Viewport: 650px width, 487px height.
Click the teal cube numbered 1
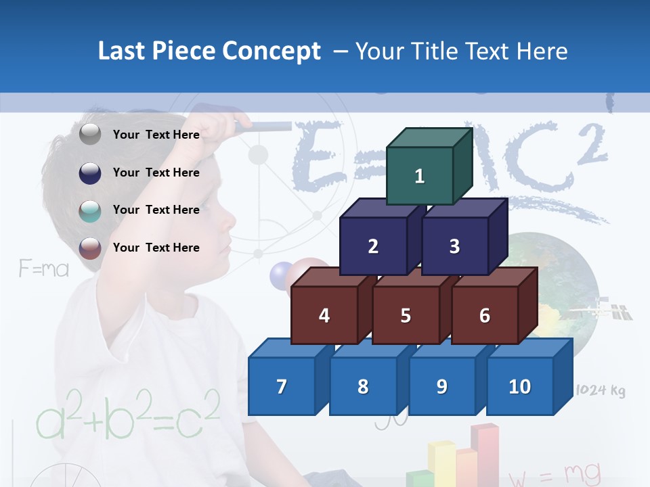(x=420, y=177)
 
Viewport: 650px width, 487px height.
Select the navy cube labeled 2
(x=373, y=246)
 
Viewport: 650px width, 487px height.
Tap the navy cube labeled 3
(x=454, y=246)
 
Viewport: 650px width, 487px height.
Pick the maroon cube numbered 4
(x=324, y=315)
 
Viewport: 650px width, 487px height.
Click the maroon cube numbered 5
(x=406, y=315)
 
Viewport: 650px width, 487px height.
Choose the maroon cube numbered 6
(x=485, y=315)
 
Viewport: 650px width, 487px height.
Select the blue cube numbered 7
(x=282, y=386)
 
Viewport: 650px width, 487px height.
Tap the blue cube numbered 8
(x=363, y=386)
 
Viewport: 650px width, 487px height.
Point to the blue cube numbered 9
(x=442, y=386)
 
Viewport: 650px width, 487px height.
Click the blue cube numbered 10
(x=520, y=386)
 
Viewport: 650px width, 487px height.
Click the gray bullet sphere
(x=90, y=135)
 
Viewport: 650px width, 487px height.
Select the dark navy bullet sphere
(x=90, y=172)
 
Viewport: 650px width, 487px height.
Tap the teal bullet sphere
(x=90, y=210)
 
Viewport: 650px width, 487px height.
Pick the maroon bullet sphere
(x=90, y=248)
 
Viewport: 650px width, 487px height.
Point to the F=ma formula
(x=43, y=269)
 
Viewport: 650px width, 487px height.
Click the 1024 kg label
(x=600, y=390)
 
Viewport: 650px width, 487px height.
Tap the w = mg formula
(x=555, y=474)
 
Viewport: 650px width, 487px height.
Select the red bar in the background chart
(x=488, y=453)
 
